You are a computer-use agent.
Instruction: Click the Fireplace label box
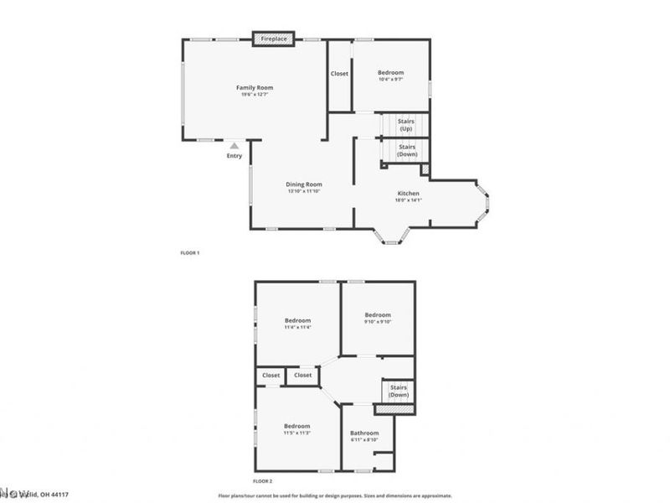pos(274,39)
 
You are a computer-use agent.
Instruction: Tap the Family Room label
pos(255,87)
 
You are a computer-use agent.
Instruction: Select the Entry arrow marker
pos(234,146)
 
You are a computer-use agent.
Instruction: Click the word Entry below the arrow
pos(234,156)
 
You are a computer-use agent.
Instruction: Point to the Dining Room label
pos(304,184)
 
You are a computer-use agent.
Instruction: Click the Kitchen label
pos(408,194)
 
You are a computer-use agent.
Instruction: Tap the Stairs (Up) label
pos(406,126)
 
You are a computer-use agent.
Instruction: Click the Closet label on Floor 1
pos(339,74)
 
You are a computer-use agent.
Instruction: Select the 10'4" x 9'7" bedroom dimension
pos(391,80)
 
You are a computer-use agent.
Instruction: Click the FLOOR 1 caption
pos(190,252)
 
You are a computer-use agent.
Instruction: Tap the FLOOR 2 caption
pos(263,481)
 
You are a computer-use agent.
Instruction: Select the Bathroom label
pos(364,433)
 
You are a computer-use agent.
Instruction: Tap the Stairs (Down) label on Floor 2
pos(399,392)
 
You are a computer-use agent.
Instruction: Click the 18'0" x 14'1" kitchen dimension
pos(408,200)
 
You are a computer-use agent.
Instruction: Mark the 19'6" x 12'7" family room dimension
pos(255,94)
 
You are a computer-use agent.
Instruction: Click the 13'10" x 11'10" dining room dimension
pos(304,191)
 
